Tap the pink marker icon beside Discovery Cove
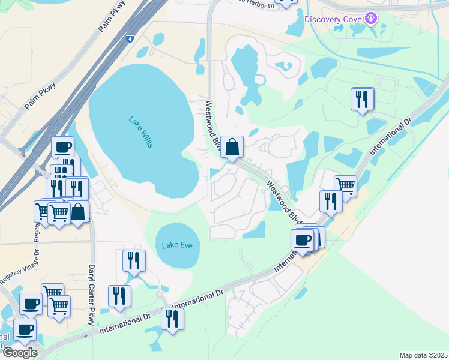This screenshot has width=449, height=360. (x=372, y=19)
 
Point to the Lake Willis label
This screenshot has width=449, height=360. (x=136, y=128)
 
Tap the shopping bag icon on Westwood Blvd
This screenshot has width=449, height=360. (x=232, y=146)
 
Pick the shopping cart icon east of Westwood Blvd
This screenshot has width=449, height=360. (x=345, y=185)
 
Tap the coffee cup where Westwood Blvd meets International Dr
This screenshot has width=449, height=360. (x=301, y=240)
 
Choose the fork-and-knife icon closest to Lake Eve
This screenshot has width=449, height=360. (x=133, y=260)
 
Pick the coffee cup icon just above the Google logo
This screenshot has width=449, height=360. (x=25, y=329)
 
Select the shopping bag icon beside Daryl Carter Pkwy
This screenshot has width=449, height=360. (x=78, y=211)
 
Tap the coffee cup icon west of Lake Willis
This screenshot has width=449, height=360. (x=62, y=147)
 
